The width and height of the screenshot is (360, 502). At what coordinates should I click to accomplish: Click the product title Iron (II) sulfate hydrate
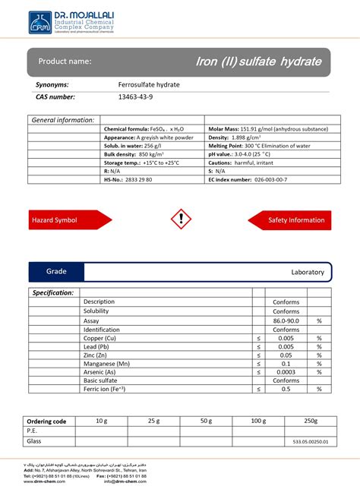pos(258,61)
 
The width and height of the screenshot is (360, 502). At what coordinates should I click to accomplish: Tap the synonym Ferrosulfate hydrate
pos(149,84)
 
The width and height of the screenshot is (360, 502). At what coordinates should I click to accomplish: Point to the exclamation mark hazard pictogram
pos(180,219)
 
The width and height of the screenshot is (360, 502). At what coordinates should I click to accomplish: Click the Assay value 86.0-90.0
pos(286,320)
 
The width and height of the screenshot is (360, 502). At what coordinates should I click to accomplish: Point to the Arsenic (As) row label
pos(100,371)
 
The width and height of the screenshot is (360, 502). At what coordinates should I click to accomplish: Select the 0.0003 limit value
pos(286,371)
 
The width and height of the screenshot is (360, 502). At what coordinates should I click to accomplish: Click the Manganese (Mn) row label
pos(107,363)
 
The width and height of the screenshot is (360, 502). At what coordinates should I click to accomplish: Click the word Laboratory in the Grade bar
pos(307,272)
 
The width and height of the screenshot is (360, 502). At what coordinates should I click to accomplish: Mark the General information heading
pos(62,120)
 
